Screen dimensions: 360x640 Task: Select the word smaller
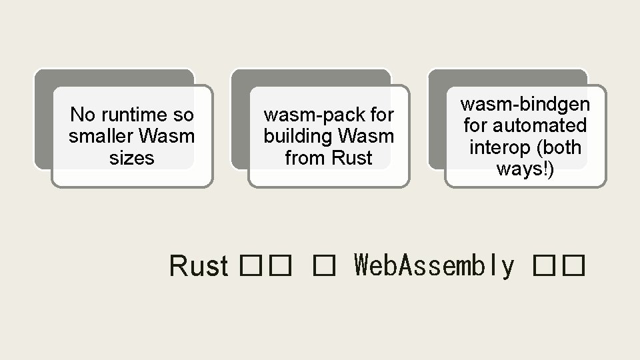pos(101,137)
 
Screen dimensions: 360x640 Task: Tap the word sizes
pos(132,158)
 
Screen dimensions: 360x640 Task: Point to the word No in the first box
pos(83,115)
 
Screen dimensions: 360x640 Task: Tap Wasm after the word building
pos(366,137)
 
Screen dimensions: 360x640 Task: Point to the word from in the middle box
pos(304,158)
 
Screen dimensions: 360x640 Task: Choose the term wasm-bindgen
pos(525,104)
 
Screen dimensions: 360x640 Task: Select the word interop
pos(498,147)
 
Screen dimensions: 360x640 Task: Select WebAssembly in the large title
pos(435,266)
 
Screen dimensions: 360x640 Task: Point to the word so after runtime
pos(183,115)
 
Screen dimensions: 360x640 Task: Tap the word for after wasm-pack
pos(381,115)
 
